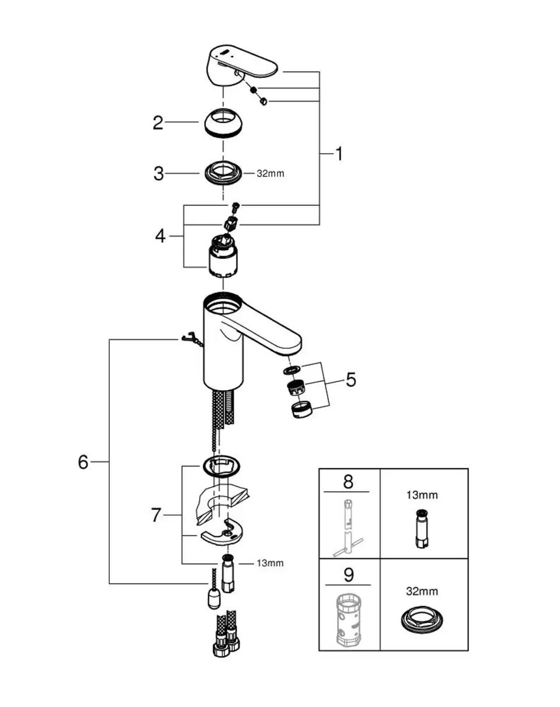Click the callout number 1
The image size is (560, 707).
pyautogui.click(x=339, y=154)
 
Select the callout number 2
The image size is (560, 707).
pyautogui.click(x=157, y=123)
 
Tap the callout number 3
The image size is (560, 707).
pyautogui.click(x=159, y=173)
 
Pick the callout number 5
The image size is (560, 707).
pyautogui.click(x=351, y=380)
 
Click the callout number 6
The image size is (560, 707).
pyautogui.click(x=83, y=462)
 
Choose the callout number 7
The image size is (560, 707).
pyautogui.click(x=156, y=515)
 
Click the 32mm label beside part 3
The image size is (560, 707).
pyautogui.click(x=270, y=173)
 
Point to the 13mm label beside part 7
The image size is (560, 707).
pyautogui.click(x=270, y=563)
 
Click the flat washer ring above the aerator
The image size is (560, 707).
pyautogui.click(x=292, y=370)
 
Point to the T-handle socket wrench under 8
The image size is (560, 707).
pyautogui.click(x=348, y=527)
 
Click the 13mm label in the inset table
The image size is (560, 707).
pyautogui.click(x=422, y=495)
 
